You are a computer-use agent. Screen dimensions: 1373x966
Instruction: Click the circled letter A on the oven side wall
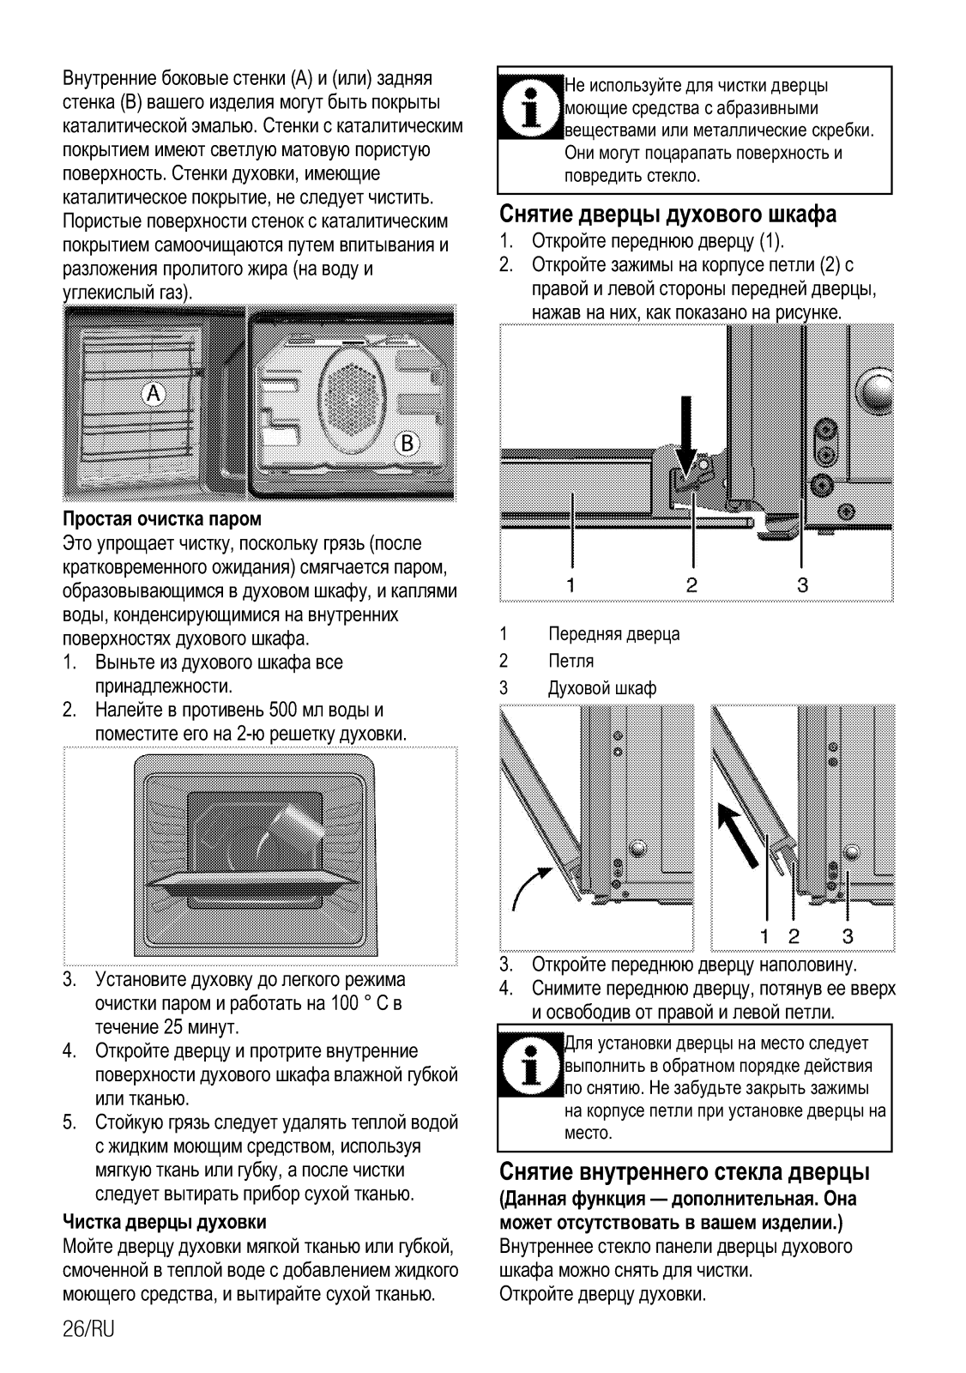click(x=154, y=394)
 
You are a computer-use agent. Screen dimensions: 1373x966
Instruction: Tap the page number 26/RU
click(x=88, y=1329)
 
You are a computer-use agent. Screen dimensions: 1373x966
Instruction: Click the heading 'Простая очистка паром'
click(x=162, y=519)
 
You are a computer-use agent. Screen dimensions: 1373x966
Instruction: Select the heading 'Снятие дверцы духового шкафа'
click(x=667, y=213)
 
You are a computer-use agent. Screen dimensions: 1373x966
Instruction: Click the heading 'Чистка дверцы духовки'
click(x=165, y=1221)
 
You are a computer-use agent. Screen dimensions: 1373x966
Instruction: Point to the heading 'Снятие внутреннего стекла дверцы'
click(x=685, y=1171)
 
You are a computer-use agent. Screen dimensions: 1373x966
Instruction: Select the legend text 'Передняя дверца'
click(x=613, y=634)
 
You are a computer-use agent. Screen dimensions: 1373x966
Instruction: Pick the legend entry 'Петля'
click(x=571, y=661)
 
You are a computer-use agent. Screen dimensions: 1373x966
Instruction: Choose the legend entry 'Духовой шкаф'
click(x=602, y=688)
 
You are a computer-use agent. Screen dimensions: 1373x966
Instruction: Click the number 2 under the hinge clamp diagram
click(x=691, y=585)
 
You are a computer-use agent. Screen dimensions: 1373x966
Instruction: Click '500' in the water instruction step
click(x=282, y=710)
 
